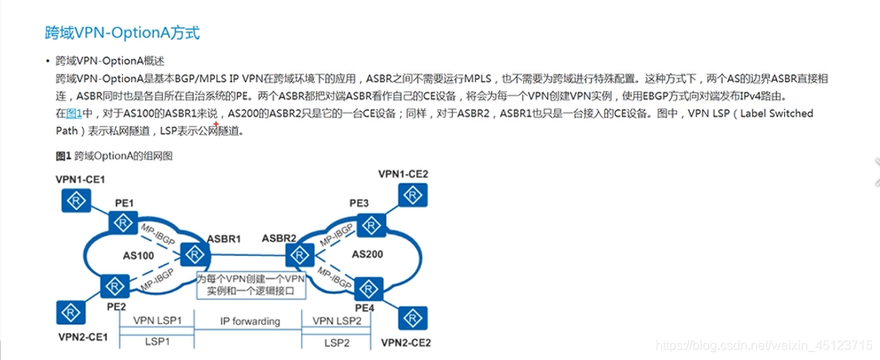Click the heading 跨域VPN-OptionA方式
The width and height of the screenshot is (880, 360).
coord(120,34)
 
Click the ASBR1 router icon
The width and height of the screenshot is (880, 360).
coord(192,255)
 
